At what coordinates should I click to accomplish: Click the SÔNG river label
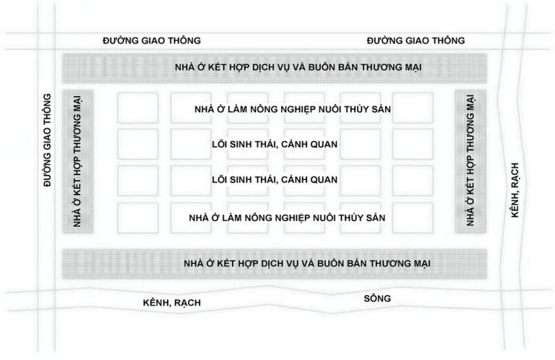tap(377, 299)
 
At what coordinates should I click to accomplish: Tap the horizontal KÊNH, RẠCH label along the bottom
tap(172, 303)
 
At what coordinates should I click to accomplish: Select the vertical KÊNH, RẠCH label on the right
tap(515, 189)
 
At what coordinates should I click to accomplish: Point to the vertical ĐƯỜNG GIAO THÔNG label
tap(47, 140)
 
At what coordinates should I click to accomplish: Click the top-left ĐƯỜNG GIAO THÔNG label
tap(152, 40)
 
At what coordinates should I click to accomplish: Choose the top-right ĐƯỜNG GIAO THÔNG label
tap(416, 40)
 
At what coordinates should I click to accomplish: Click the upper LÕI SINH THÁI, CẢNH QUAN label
tap(275, 144)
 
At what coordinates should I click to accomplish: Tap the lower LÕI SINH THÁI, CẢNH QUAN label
tap(275, 179)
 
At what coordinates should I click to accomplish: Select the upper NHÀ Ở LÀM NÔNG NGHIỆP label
tap(293, 109)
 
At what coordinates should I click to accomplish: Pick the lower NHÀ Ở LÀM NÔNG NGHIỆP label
tap(287, 218)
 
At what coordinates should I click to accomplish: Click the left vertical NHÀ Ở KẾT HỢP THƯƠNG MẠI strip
tap(78, 161)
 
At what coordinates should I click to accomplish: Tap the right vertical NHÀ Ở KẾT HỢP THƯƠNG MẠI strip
tap(470, 161)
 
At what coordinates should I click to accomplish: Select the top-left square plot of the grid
tap(138, 108)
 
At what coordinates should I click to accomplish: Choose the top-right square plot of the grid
tap(413, 108)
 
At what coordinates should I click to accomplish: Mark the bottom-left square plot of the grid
tap(138, 218)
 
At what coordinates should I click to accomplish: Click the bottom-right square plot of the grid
tap(413, 218)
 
